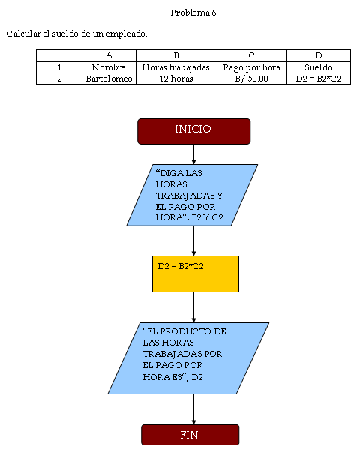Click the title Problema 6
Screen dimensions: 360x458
tap(193, 13)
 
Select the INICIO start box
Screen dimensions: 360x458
tap(193, 131)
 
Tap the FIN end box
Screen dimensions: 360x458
tap(190, 435)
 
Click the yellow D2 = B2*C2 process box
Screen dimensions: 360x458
tap(196, 274)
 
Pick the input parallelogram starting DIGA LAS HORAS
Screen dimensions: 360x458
tap(192, 195)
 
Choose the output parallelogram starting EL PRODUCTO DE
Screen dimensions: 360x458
tap(188, 358)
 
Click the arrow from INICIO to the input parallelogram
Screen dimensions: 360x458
tap(193, 154)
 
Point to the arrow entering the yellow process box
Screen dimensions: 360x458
tap(193, 241)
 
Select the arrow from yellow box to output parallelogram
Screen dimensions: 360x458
tap(193, 307)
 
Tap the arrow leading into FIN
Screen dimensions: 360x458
tap(193, 409)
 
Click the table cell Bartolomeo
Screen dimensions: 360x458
tap(109, 79)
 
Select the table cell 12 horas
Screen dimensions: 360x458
tap(176, 79)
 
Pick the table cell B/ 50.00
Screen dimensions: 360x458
tap(251, 79)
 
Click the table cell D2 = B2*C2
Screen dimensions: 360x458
tap(319, 79)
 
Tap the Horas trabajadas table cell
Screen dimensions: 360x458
tap(176, 67)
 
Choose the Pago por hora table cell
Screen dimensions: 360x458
tap(251, 67)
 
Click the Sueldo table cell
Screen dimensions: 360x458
tap(319, 67)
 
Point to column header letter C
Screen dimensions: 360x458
tap(251, 55)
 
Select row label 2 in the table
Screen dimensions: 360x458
tap(59, 79)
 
